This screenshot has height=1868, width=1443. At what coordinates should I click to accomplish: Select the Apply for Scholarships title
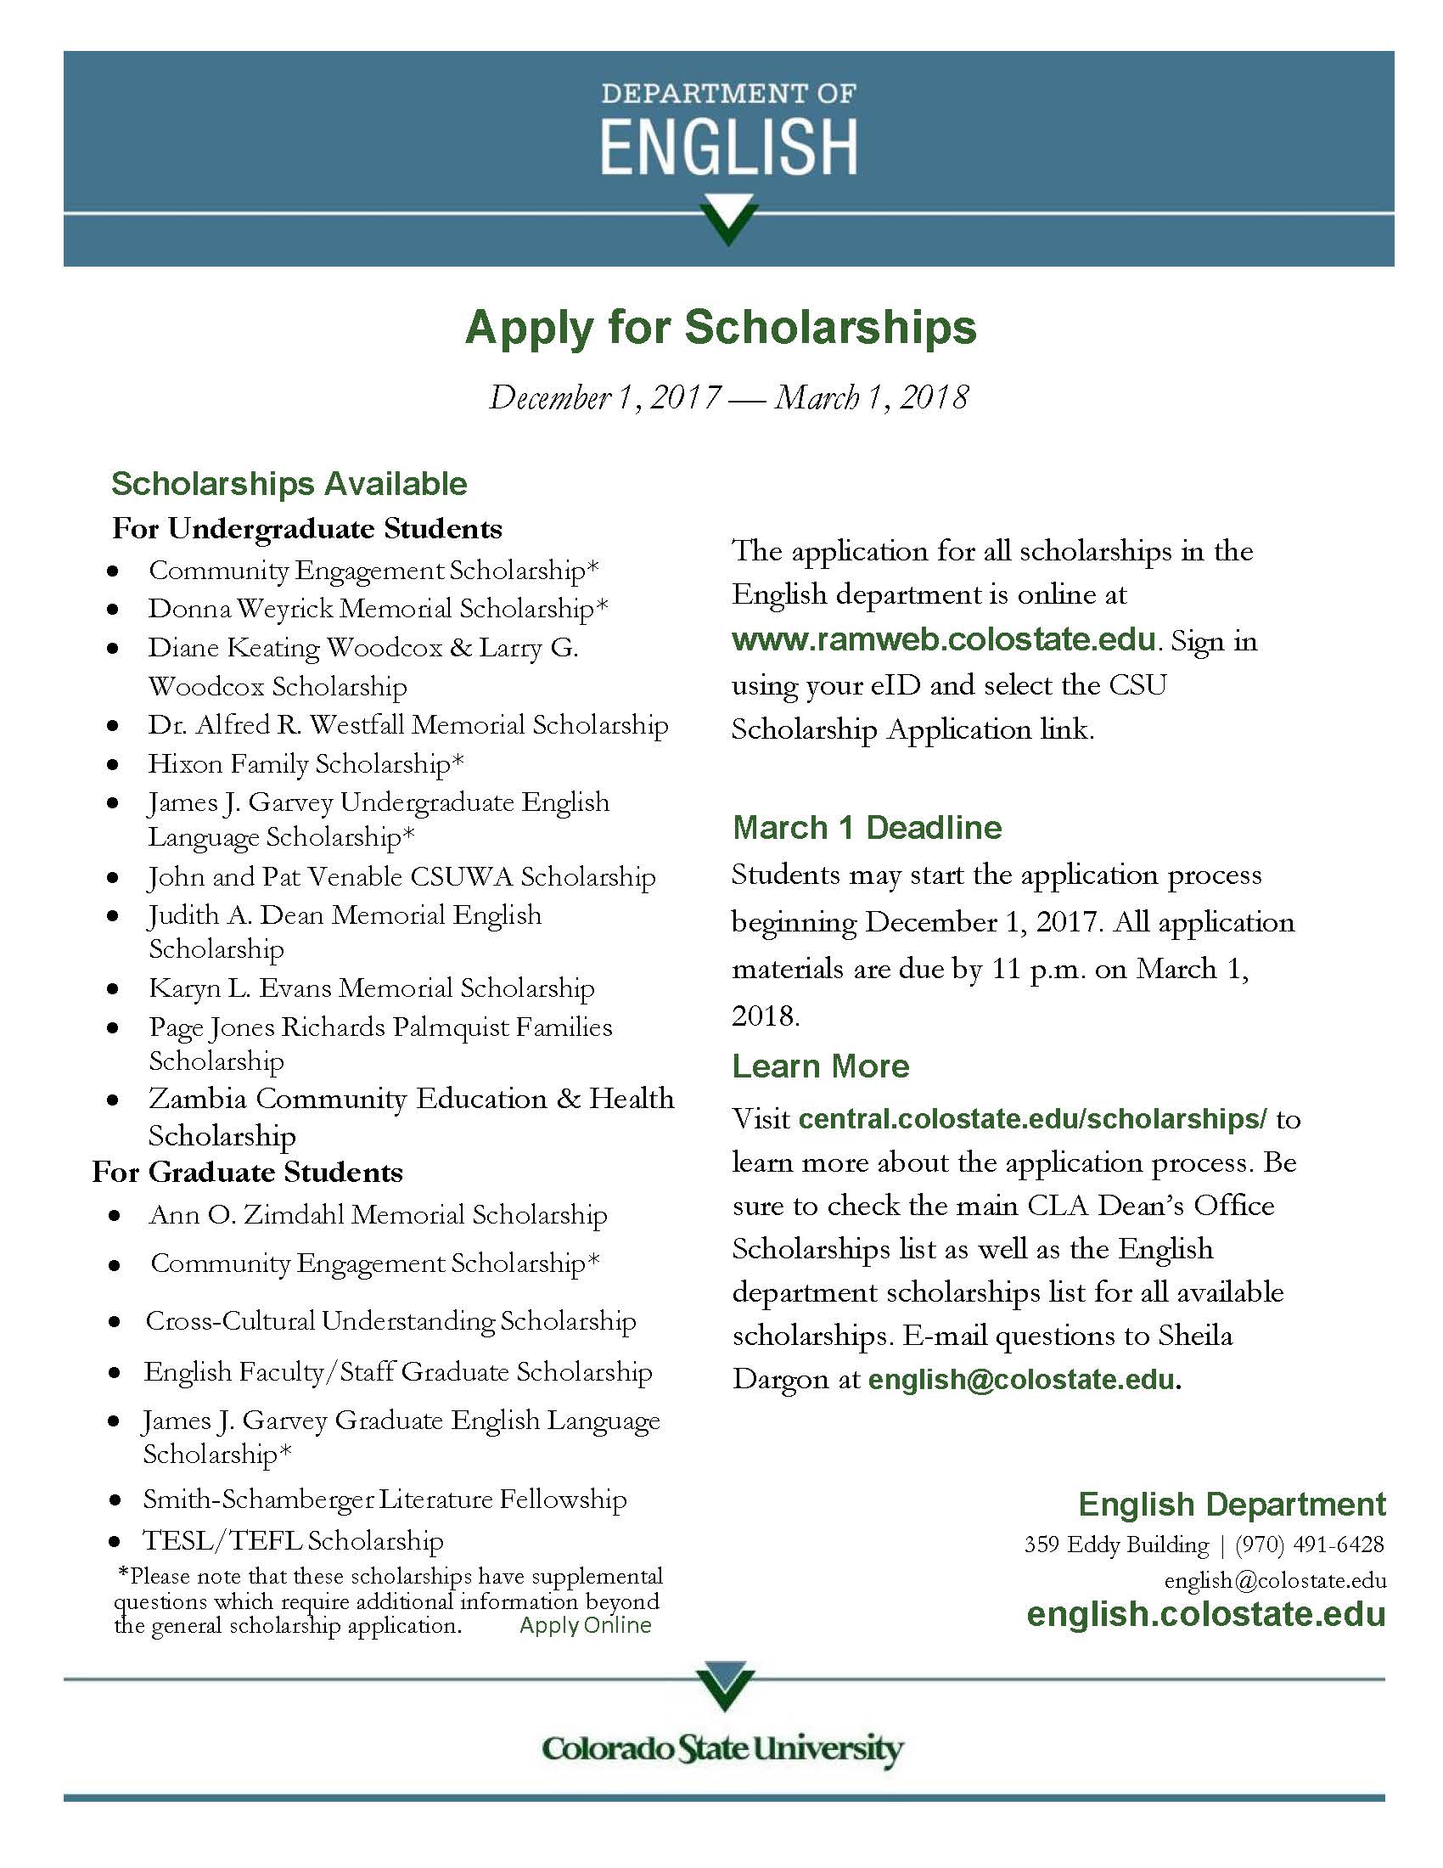point(720,328)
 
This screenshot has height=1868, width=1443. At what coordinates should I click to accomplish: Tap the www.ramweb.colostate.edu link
point(944,639)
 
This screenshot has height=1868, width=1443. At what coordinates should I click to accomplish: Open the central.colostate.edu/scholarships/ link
point(1033,1119)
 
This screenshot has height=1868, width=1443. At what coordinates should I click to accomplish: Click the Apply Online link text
point(585,1625)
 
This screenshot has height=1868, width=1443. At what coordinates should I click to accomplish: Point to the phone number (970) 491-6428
point(1309,1544)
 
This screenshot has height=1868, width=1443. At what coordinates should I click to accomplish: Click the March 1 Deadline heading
point(867,827)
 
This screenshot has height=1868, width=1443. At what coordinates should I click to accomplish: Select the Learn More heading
point(821,1066)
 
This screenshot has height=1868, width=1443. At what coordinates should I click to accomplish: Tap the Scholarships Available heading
point(289,484)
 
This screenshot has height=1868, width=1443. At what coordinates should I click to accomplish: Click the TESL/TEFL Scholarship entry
point(293,1541)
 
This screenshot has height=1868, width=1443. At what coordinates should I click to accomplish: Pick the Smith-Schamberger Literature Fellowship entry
point(385,1499)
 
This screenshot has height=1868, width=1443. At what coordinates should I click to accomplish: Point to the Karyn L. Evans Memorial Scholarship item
point(371,988)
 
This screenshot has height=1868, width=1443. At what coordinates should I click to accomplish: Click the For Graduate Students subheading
point(248,1172)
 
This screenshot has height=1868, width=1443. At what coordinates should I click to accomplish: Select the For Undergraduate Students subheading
point(307,529)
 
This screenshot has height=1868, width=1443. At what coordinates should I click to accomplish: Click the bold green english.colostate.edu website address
point(1205,1614)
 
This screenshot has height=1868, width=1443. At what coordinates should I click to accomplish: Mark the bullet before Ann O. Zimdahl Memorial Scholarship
point(114,1216)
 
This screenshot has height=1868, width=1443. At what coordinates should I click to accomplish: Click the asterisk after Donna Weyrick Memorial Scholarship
point(602,606)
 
